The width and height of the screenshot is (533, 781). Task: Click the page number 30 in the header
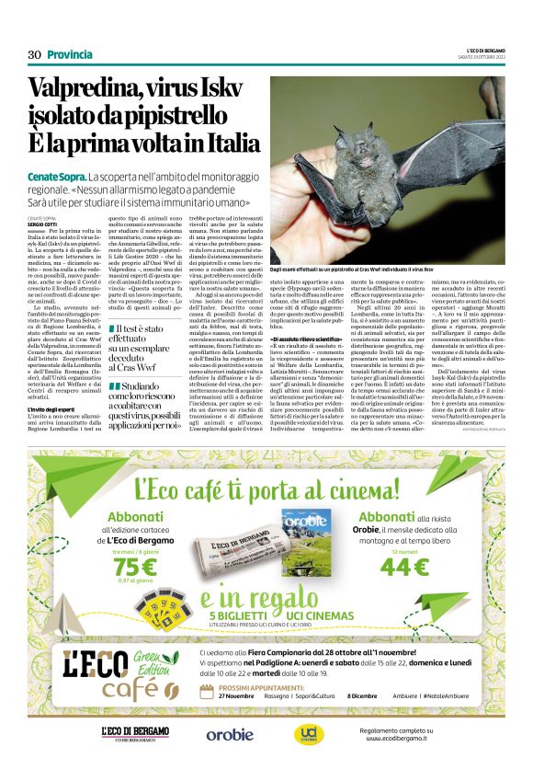(34, 54)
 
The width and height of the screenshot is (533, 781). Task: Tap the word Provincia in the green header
(70, 54)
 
